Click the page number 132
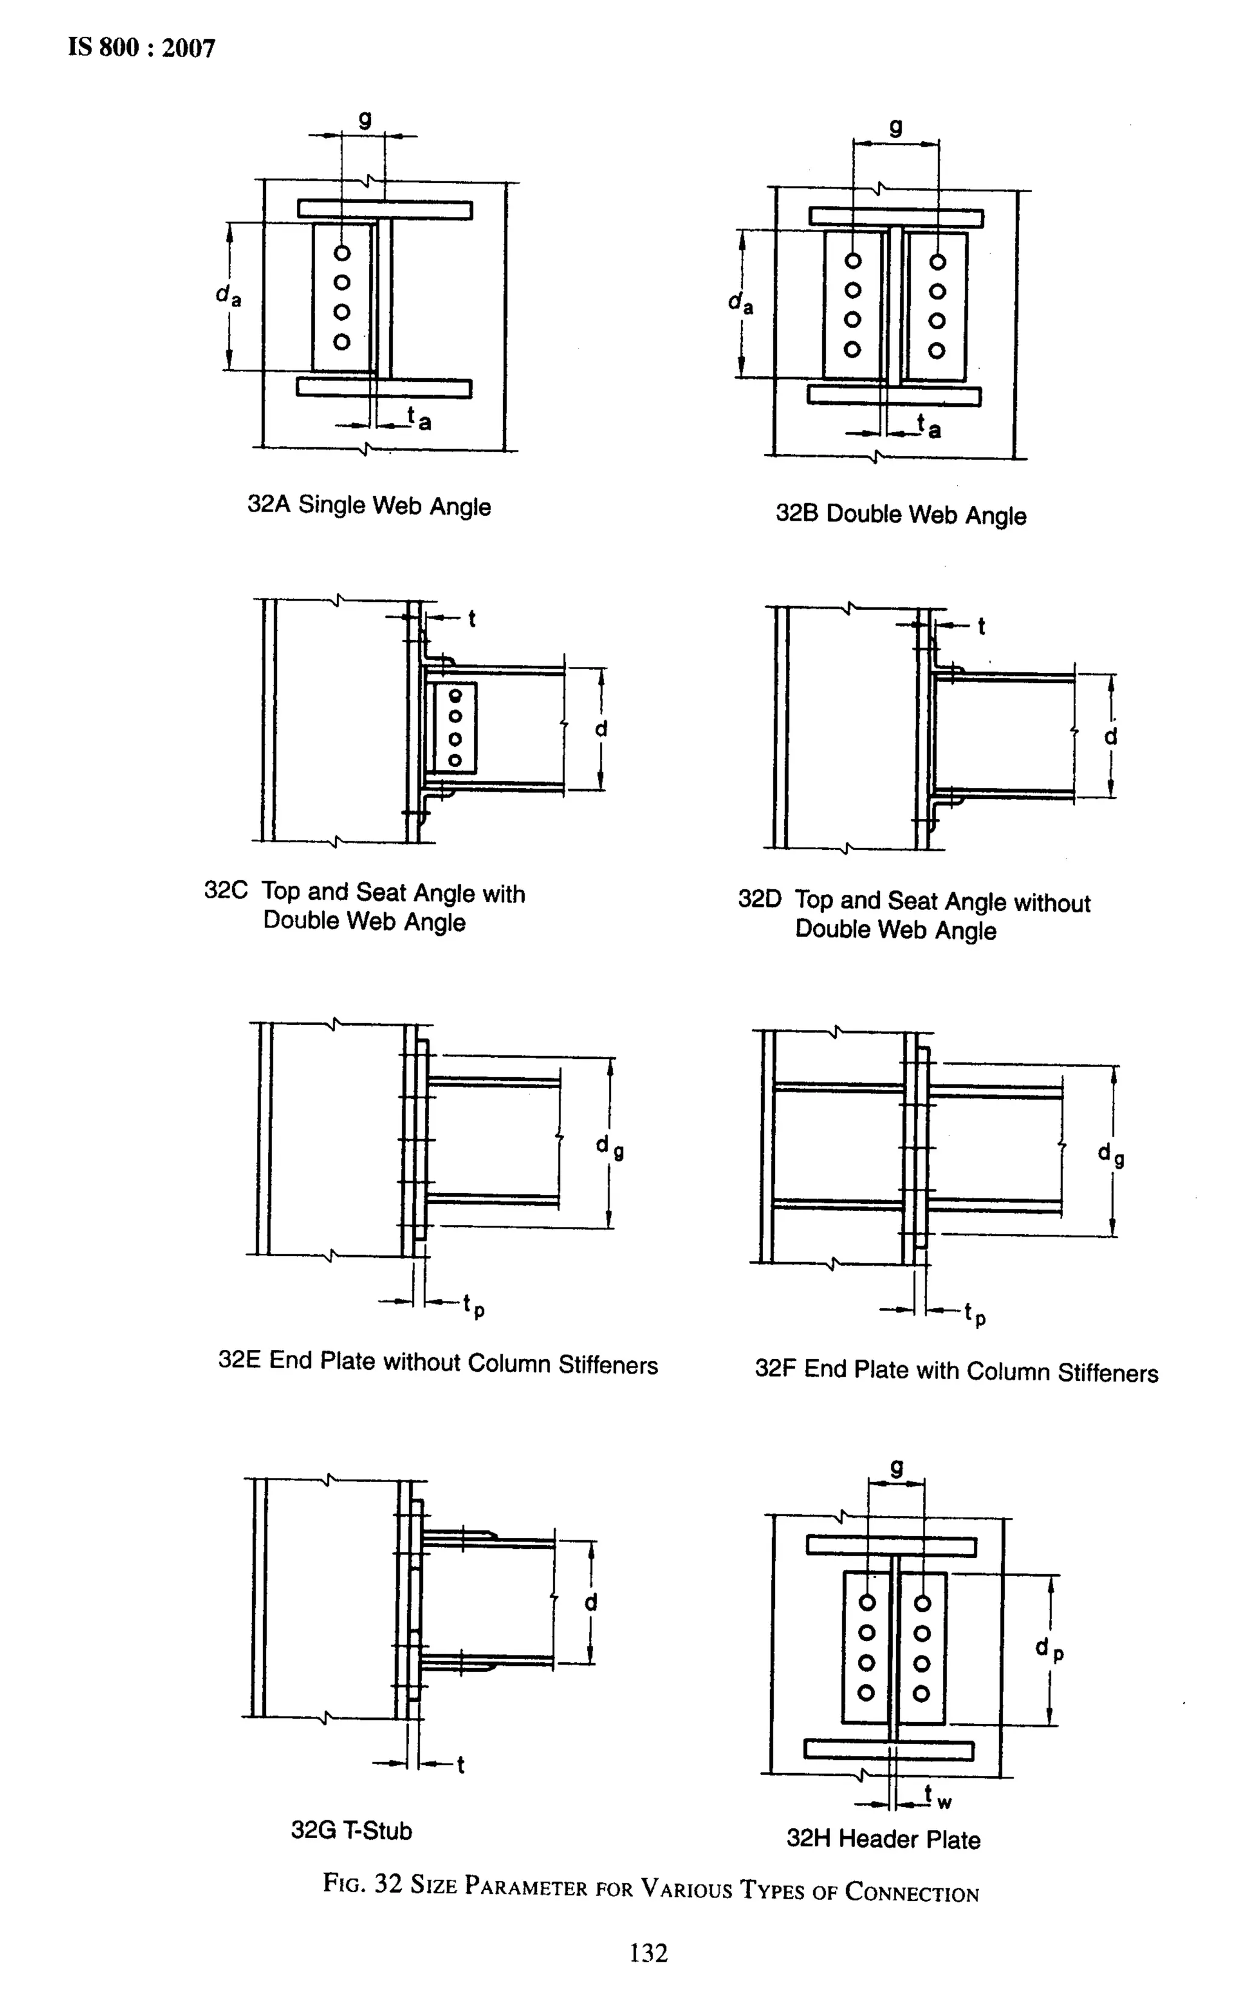coord(648,1952)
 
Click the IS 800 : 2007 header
coord(141,48)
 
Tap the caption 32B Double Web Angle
coord(900,515)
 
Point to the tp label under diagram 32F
coord(975,1314)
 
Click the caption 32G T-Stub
coord(351,1829)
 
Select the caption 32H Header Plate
coord(883,1838)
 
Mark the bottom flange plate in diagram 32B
coord(893,396)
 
